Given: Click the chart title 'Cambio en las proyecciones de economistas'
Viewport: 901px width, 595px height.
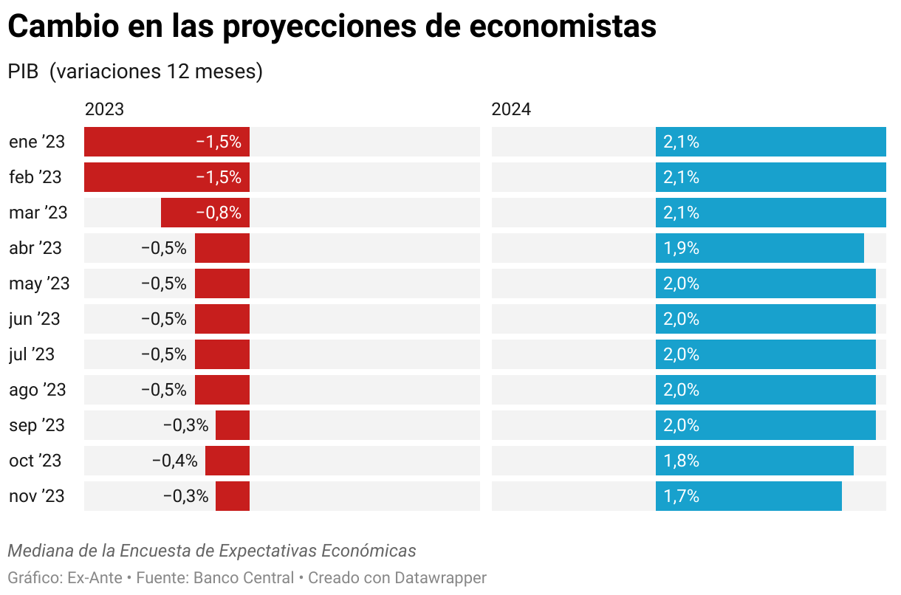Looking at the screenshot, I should click(x=332, y=27).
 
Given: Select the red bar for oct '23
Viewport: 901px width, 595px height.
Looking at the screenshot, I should click(x=227, y=461).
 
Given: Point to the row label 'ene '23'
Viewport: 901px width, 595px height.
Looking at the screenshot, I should click(x=37, y=142).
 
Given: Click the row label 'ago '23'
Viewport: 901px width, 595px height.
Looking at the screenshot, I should click(x=38, y=390).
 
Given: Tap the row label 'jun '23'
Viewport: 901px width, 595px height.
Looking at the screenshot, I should click(x=35, y=319).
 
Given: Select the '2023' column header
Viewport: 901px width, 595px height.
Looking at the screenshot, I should click(x=104, y=109).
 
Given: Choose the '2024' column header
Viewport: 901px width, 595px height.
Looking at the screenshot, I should click(x=511, y=109).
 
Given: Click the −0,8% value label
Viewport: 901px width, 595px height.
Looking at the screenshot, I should click(x=219, y=213).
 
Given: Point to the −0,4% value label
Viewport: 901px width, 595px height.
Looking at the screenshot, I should click(x=174, y=461).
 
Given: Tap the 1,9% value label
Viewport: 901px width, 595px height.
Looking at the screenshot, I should click(x=681, y=248).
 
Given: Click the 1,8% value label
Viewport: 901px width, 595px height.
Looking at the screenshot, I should click(x=681, y=461).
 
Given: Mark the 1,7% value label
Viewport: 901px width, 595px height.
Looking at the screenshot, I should click(x=681, y=496).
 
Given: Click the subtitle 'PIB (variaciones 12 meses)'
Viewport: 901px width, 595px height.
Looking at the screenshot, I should click(x=135, y=72).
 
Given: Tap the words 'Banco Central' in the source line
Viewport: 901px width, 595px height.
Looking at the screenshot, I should click(x=243, y=577).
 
